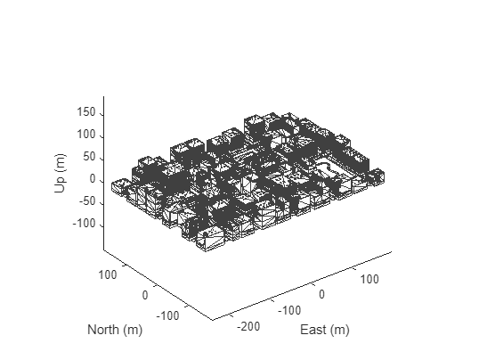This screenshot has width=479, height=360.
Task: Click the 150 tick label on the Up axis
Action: tap(86, 112)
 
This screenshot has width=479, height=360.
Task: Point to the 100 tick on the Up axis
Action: tap(86, 135)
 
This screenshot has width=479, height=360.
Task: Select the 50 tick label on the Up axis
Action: tap(89, 157)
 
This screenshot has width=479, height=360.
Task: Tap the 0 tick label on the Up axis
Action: tap(93, 179)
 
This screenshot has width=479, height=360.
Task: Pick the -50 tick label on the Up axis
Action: tap(87, 202)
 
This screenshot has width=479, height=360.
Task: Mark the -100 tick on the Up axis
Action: tap(84, 225)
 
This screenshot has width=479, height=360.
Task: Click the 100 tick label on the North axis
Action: tap(108, 275)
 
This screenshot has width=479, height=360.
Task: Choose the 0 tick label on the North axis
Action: tap(145, 296)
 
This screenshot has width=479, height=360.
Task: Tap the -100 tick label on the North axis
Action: tap(167, 315)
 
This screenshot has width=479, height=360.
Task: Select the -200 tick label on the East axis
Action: tap(248, 327)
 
